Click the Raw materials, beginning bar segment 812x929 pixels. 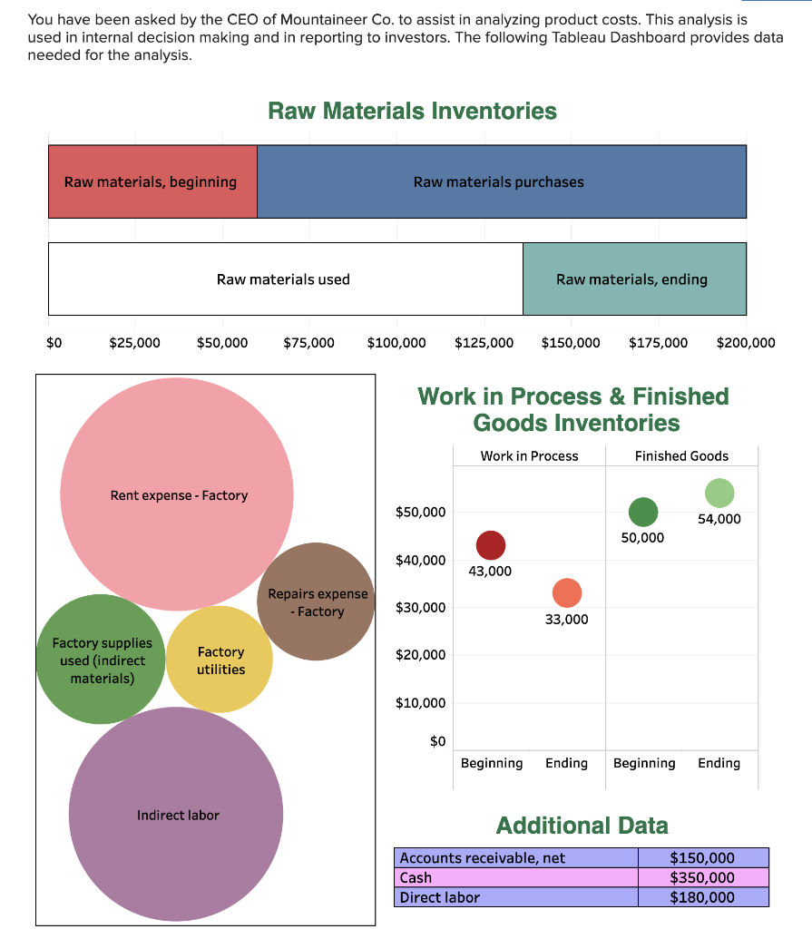(152, 181)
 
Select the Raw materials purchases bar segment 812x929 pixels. (501, 181)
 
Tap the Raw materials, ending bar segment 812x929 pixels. (633, 279)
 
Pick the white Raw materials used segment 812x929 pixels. (284, 279)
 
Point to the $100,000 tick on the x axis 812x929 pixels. (396, 343)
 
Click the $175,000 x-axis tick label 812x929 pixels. (658, 343)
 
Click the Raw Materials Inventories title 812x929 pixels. (412, 111)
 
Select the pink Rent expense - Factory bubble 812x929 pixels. (177, 494)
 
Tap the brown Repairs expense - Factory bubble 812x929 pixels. (316, 601)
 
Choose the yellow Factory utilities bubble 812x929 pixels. (220, 660)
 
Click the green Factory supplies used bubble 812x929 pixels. (101, 660)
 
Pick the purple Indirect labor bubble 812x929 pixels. (176, 815)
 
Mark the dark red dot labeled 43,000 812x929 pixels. (490, 545)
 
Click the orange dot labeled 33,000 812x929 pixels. (566, 592)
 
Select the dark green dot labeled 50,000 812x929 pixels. (642, 512)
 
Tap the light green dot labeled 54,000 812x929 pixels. (719, 493)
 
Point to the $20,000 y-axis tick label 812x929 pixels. (421, 655)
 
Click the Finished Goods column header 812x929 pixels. (681, 455)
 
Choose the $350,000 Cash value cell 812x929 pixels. (701, 877)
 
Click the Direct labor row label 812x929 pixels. (440, 897)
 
